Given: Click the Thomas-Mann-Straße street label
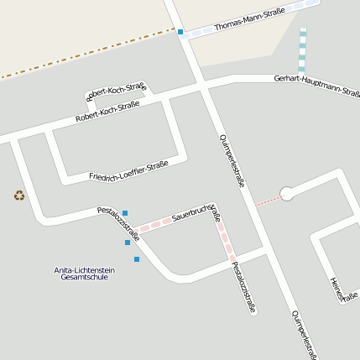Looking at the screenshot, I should coord(249,18).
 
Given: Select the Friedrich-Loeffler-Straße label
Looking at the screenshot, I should coord(128,170).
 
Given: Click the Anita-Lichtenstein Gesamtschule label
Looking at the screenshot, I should coord(84,274).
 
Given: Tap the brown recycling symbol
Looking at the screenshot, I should coord(19,196).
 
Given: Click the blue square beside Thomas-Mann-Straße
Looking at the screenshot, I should coord(180,32).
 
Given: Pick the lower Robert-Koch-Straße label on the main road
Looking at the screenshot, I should coord(107,112).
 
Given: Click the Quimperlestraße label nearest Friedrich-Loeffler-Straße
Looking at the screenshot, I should coord(232,159).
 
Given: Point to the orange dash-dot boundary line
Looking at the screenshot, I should coord(84,55).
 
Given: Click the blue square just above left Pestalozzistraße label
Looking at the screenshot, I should coord(125,213).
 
